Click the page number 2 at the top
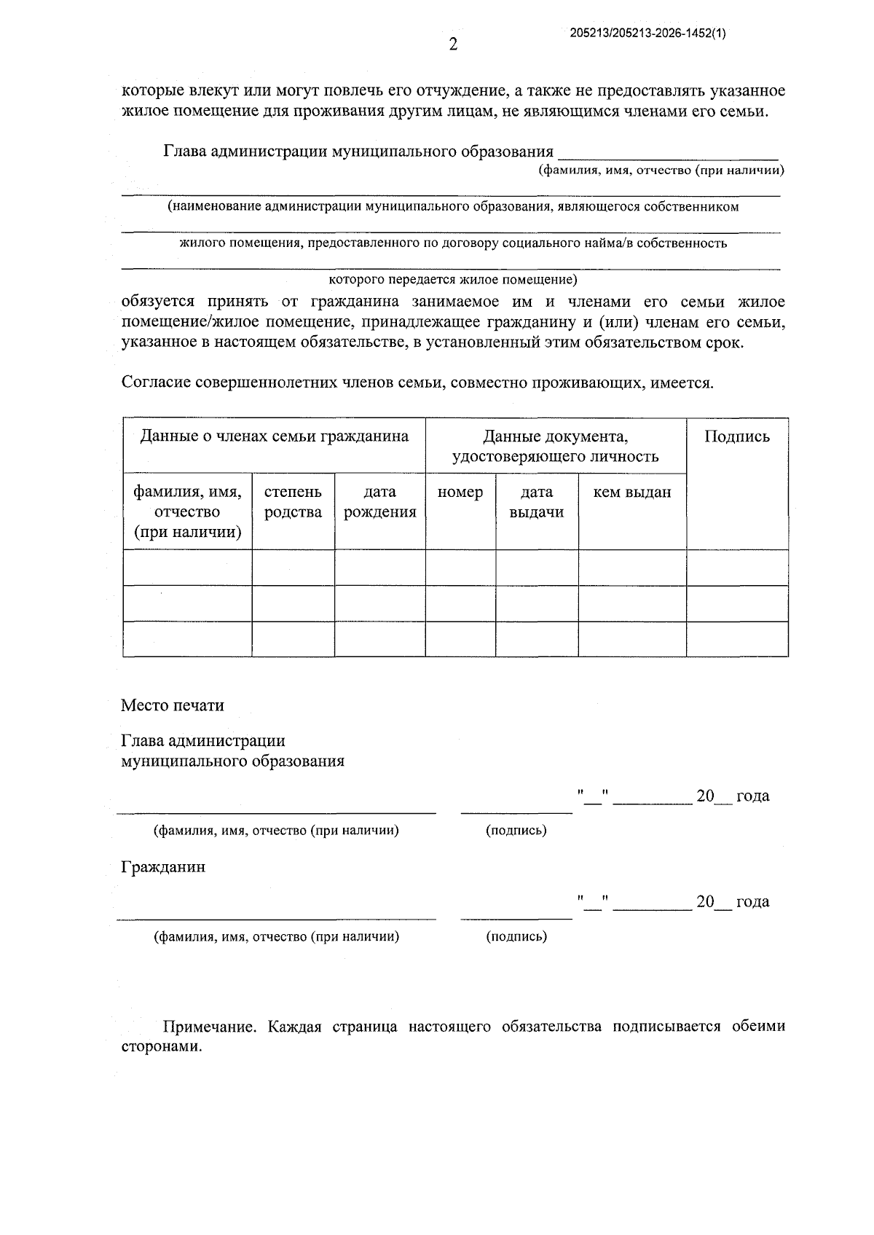pos(453,45)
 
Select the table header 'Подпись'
pos(736,436)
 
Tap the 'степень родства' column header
pos(293,502)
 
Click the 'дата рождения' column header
pos(379,502)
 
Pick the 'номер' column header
pos(460,493)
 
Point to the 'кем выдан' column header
pos(632,493)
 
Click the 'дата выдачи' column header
pos(537,502)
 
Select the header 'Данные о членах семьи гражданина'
pos(274,436)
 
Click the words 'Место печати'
pos(172,705)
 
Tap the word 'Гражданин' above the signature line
pos(163,867)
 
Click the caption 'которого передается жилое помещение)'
pos(453,280)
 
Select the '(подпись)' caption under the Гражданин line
pos(516,936)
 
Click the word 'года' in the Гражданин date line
pos(752,902)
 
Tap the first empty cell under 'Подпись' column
pos(736,568)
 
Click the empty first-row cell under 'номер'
pos(460,568)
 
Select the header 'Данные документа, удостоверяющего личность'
pos(555,446)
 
